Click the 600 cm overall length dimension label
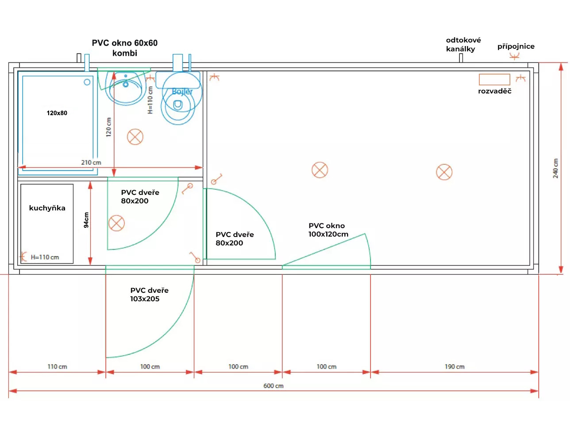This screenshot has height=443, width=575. [274, 386]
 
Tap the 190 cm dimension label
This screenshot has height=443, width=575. [454, 367]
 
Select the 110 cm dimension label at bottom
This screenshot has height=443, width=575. [57, 367]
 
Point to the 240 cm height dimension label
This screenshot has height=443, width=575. [556, 168]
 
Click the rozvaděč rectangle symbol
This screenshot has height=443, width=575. [494, 79]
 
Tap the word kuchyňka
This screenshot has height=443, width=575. [47, 208]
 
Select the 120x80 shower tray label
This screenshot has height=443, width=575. [57, 113]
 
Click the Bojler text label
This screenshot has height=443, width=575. [182, 92]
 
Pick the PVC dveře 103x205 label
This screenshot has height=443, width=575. [149, 295]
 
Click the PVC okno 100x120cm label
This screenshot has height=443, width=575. [328, 230]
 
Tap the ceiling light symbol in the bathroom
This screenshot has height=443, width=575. [135, 137]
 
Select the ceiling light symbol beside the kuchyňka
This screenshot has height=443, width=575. [116, 223]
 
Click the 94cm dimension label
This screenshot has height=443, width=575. [86, 220]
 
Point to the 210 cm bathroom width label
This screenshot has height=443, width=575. [91, 163]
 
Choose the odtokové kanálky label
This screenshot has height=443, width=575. [463, 44]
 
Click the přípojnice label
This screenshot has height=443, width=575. [516, 47]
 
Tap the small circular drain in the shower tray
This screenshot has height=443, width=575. [87, 82]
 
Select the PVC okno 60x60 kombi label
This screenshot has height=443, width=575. [125, 48]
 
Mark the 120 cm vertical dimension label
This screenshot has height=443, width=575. [108, 127]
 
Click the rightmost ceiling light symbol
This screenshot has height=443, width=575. [444, 172]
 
